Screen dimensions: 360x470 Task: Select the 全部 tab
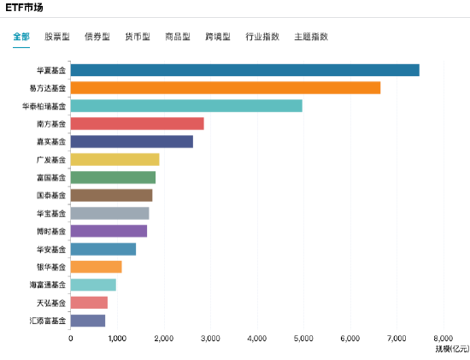(x=21, y=37)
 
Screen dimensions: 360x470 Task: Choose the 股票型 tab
(x=57, y=37)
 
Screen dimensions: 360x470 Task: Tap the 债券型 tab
(x=97, y=37)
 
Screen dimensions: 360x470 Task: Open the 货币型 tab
(x=137, y=37)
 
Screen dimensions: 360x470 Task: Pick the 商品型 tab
(x=177, y=37)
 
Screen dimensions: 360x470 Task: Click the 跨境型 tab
(x=217, y=37)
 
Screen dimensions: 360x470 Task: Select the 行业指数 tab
(x=261, y=37)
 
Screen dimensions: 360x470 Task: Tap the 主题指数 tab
(x=310, y=37)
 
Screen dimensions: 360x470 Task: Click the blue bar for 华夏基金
(x=244, y=70)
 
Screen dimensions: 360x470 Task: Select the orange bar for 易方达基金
(x=225, y=87)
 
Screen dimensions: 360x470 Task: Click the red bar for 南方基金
(x=137, y=123)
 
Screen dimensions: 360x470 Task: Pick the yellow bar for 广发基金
(x=115, y=159)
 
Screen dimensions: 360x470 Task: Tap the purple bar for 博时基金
(x=109, y=231)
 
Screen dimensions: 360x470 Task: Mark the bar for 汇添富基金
(x=88, y=321)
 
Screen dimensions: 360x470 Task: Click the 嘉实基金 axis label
(x=50, y=141)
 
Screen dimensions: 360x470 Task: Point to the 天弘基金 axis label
(x=50, y=303)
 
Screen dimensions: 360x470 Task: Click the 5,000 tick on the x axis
(x=303, y=338)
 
